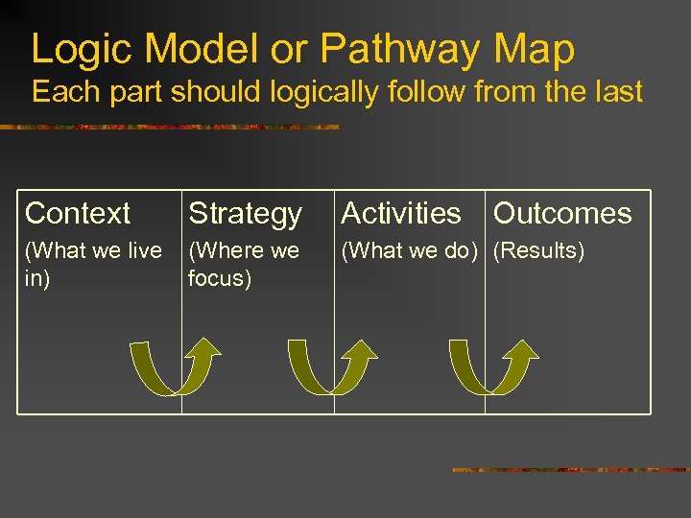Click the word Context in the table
pyautogui.click(x=77, y=213)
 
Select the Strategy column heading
pyautogui.click(x=245, y=213)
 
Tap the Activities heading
pyautogui.click(x=400, y=213)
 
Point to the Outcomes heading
pyautogui.click(x=562, y=213)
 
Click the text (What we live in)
pyautogui.click(x=92, y=263)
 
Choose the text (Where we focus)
pyautogui.click(x=244, y=263)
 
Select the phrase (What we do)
pyautogui.click(x=409, y=251)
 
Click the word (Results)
pyautogui.click(x=538, y=251)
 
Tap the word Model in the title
pyautogui.click(x=200, y=48)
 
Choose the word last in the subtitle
pyautogui.click(x=614, y=92)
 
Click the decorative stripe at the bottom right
pyautogui.click(x=570, y=470)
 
